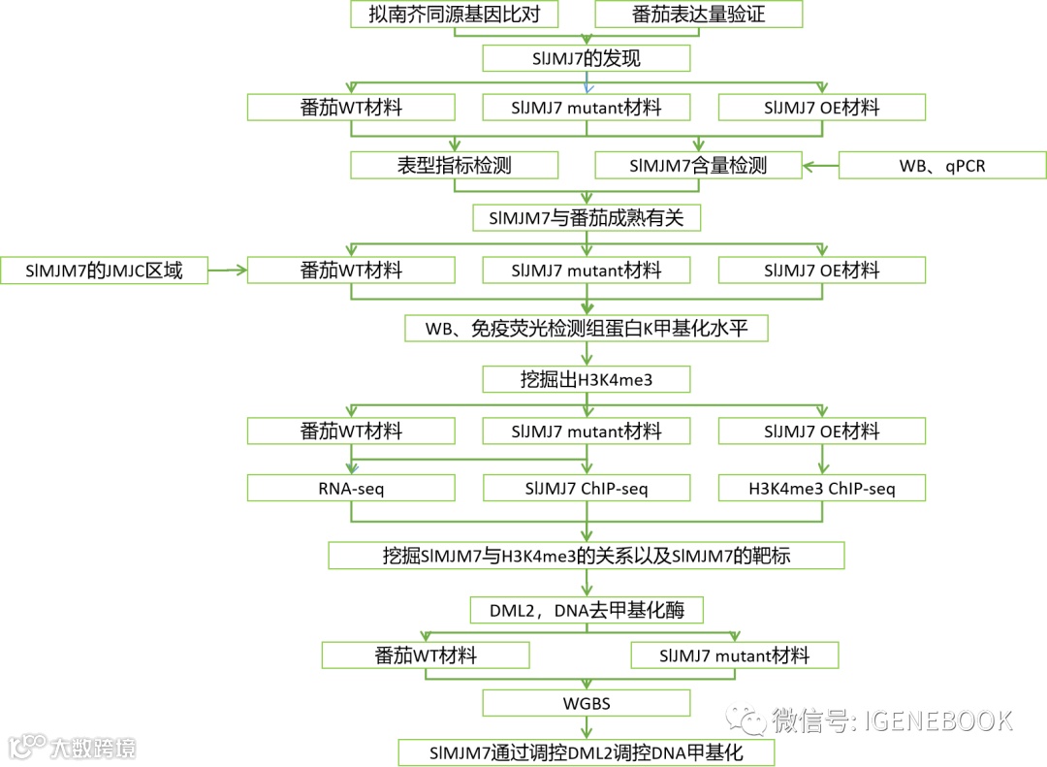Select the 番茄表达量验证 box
698,15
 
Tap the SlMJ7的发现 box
587,59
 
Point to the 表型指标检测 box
455,166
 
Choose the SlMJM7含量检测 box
698,166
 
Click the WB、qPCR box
942,166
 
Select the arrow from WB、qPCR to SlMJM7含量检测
820,166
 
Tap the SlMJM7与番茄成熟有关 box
587,218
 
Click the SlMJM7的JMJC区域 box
105,271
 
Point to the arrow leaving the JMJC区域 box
228,271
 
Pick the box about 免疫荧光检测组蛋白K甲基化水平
587,329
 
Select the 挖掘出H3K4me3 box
587,379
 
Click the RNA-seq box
351,488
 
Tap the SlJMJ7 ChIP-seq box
587,488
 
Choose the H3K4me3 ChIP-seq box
822,488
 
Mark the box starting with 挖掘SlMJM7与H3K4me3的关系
587,556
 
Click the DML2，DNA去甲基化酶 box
587,610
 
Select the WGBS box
587,703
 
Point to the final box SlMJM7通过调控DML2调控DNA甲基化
587,752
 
